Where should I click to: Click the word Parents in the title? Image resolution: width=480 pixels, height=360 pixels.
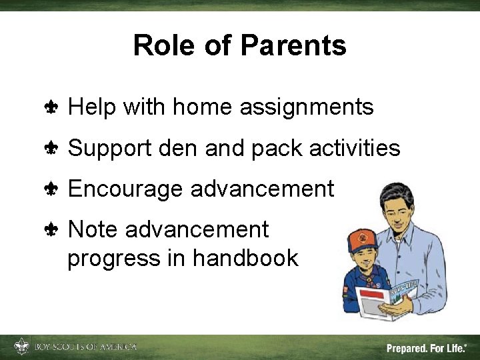pos(293,46)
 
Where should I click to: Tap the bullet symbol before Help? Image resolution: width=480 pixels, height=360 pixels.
pos(51,107)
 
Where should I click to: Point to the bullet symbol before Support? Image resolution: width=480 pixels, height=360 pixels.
pos(51,148)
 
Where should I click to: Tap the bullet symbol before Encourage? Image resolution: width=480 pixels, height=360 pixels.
pos(51,189)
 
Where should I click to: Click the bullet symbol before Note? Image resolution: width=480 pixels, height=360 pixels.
pos(51,230)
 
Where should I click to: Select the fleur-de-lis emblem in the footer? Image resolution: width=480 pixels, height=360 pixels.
pos(21,347)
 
